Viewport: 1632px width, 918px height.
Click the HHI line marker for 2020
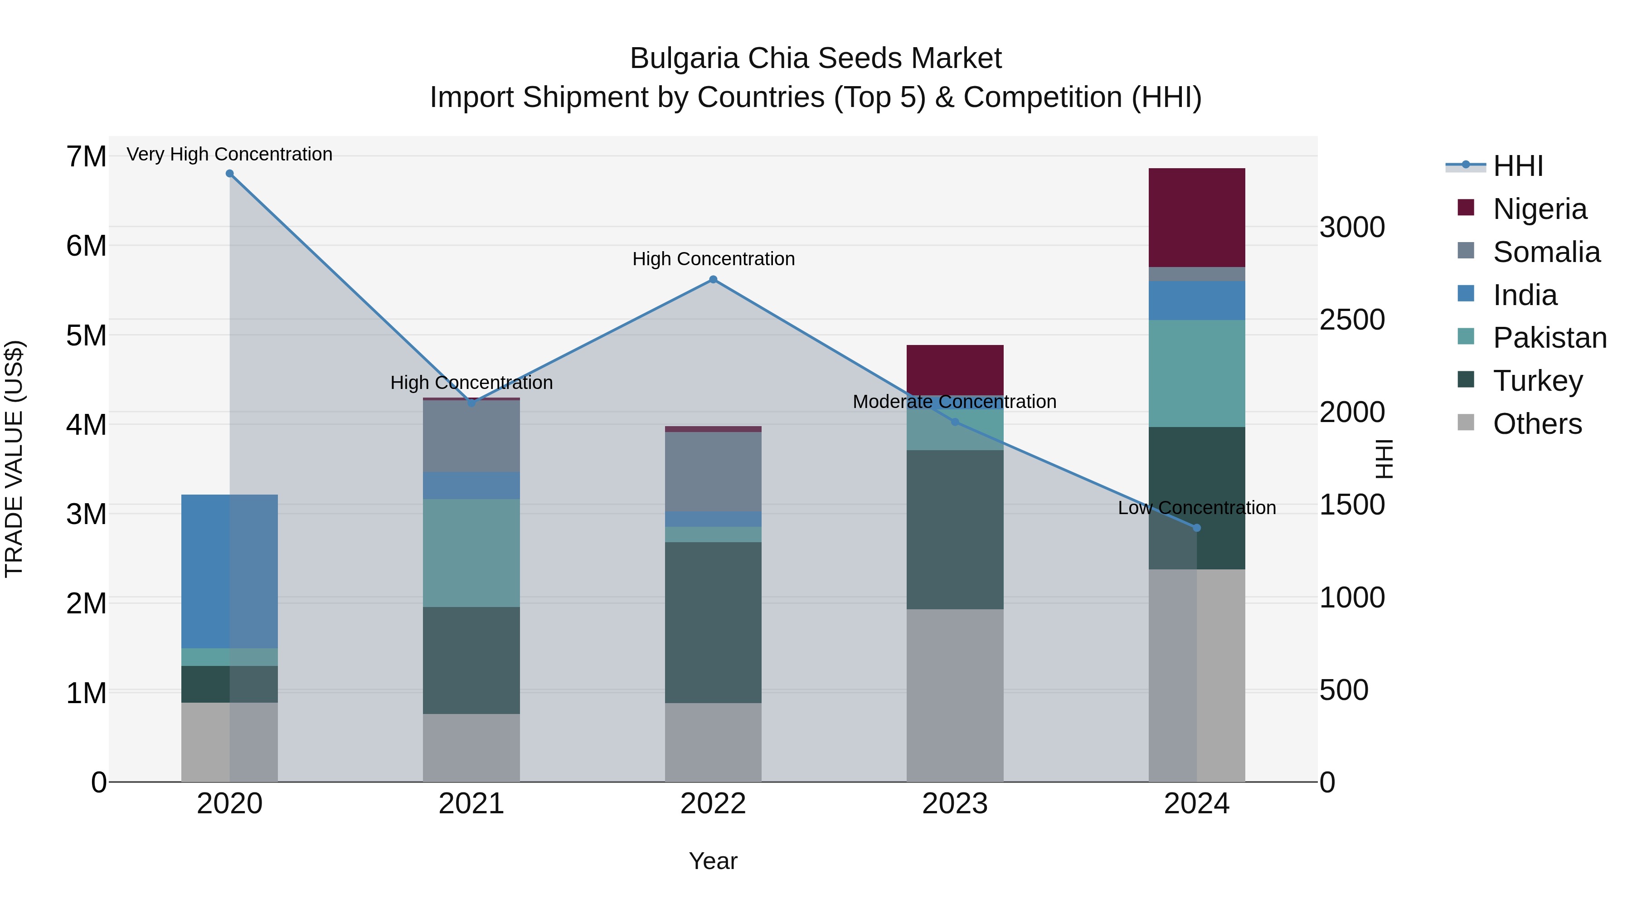click(229, 174)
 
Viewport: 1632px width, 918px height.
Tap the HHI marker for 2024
click(1196, 528)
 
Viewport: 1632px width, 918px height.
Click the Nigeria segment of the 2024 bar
click(1196, 217)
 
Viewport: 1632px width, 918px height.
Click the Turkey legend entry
click(1538, 381)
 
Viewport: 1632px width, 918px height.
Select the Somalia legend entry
click(1546, 252)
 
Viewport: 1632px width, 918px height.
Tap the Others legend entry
click(1537, 424)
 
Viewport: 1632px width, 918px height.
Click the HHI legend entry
click(1517, 166)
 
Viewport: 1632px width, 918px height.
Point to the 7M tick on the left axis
click(86, 156)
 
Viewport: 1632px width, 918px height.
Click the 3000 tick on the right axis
click(1352, 228)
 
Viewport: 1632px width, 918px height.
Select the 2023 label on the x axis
click(955, 804)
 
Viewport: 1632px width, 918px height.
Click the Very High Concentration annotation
click(229, 154)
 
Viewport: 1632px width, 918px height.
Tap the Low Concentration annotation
click(1196, 507)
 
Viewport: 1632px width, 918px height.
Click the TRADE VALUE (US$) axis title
click(14, 459)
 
